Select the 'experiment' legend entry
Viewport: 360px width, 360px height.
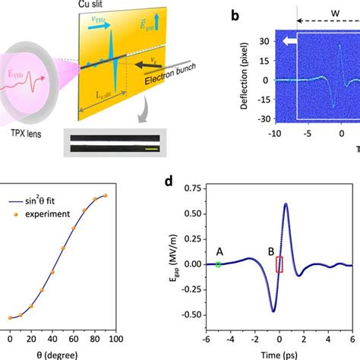click(53, 214)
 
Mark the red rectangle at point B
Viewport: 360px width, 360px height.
click(279, 264)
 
